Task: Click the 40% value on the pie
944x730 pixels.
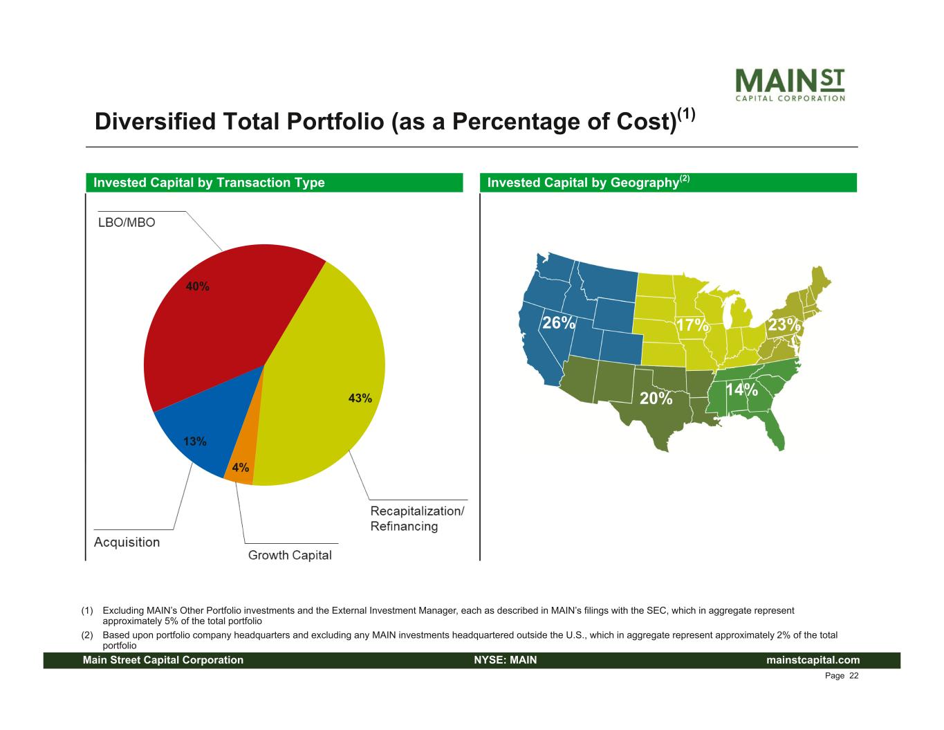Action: (197, 286)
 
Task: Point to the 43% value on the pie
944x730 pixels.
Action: (360, 398)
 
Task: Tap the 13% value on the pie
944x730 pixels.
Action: (194, 441)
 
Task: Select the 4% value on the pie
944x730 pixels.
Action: (241, 468)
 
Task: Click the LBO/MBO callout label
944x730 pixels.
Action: (127, 223)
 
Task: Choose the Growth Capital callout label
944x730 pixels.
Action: (290, 555)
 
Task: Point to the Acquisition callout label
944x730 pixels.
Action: (127, 542)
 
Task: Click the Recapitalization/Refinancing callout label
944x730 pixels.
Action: (417, 518)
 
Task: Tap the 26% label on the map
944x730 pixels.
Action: (557, 323)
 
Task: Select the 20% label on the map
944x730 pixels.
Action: (655, 399)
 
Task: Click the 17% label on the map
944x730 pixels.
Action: (692, 325)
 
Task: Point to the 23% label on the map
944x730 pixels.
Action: (784, 325)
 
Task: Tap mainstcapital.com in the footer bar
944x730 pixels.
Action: (813, 660)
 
